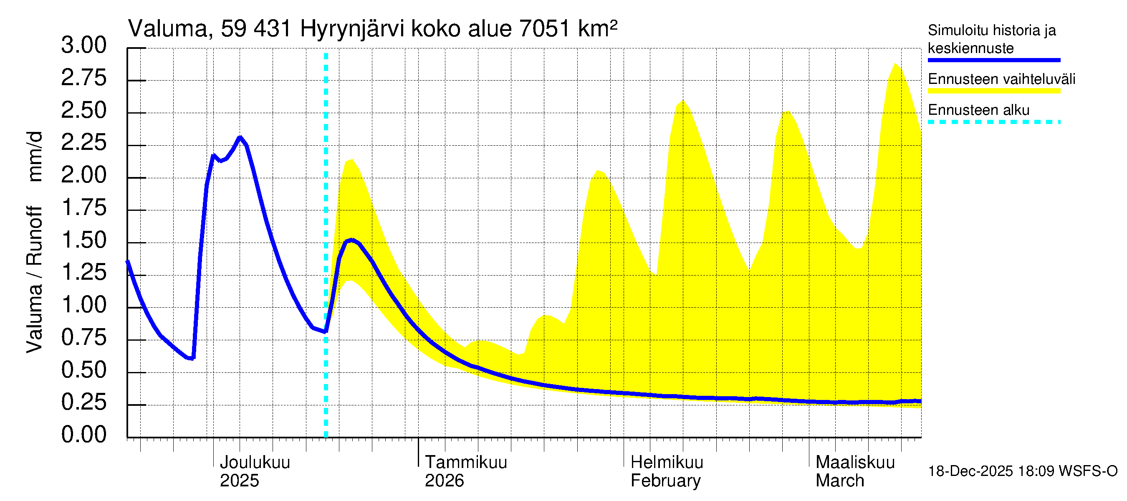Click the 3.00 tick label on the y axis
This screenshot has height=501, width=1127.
pos(83,46)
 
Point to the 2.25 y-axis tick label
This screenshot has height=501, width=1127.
pos(83,143)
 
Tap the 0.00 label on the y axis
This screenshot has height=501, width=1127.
pos(83,435)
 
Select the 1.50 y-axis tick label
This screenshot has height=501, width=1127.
pos(83,240)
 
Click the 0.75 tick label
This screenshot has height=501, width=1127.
pos(83,338)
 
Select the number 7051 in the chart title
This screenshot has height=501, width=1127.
pos(544,29)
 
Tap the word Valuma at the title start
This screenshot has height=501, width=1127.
pos(167,29)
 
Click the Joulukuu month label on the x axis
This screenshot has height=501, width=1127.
pos(255,463)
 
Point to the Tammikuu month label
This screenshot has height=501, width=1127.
pos(466,463)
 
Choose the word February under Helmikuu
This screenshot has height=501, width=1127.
pos(665,481)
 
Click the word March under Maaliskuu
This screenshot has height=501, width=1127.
pos(839,481)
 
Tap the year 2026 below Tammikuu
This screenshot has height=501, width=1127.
pos(444,481)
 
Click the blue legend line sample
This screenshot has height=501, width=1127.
pos(993,60)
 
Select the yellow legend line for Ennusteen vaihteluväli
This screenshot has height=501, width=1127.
pos(993,91)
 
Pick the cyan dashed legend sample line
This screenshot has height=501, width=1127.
pos(993,122)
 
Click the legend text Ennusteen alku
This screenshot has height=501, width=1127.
pos(978,110)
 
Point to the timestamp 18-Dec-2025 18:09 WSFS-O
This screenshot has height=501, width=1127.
pos(1022,471)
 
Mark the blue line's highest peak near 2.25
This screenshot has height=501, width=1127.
pos(240,137)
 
